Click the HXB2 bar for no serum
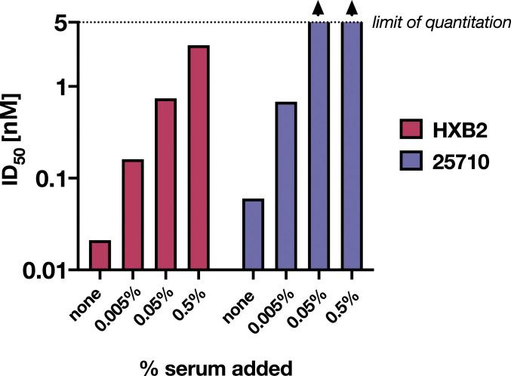click(x=100, y=255)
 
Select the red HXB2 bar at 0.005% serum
click(x=133, y=214)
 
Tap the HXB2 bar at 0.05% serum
click(x=165, y=184)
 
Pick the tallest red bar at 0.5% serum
click(x=198, y=157)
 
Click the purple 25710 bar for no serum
click(x=254, y=234)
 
